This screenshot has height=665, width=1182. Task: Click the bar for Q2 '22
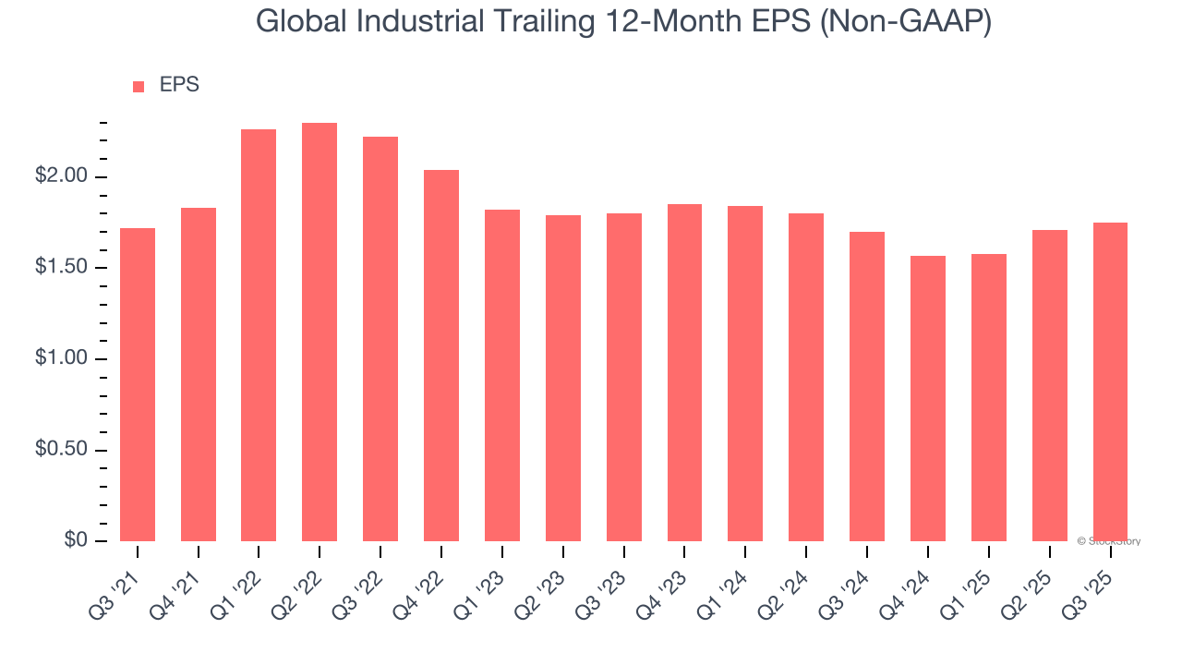[x=320, y=332]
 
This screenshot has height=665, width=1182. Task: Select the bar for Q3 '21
[x=138, y=384]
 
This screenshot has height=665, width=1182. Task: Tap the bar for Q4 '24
[x=927, y=398]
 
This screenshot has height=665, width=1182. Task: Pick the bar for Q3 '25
[x=1110, y=381]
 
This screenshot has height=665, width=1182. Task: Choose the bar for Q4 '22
[x=441, y=356]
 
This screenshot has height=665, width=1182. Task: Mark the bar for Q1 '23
[x=502, y=375]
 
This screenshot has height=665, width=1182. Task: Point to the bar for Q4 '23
[x=684, y=372]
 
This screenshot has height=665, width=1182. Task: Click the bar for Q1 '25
[x=988, y=397]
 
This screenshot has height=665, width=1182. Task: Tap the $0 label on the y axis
[x=75, y=540]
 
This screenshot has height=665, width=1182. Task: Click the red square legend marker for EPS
[x=139, y=87]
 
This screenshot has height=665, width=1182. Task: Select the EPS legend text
[x=179, y=86]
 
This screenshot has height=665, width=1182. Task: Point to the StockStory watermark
[x=1111, y=541]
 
